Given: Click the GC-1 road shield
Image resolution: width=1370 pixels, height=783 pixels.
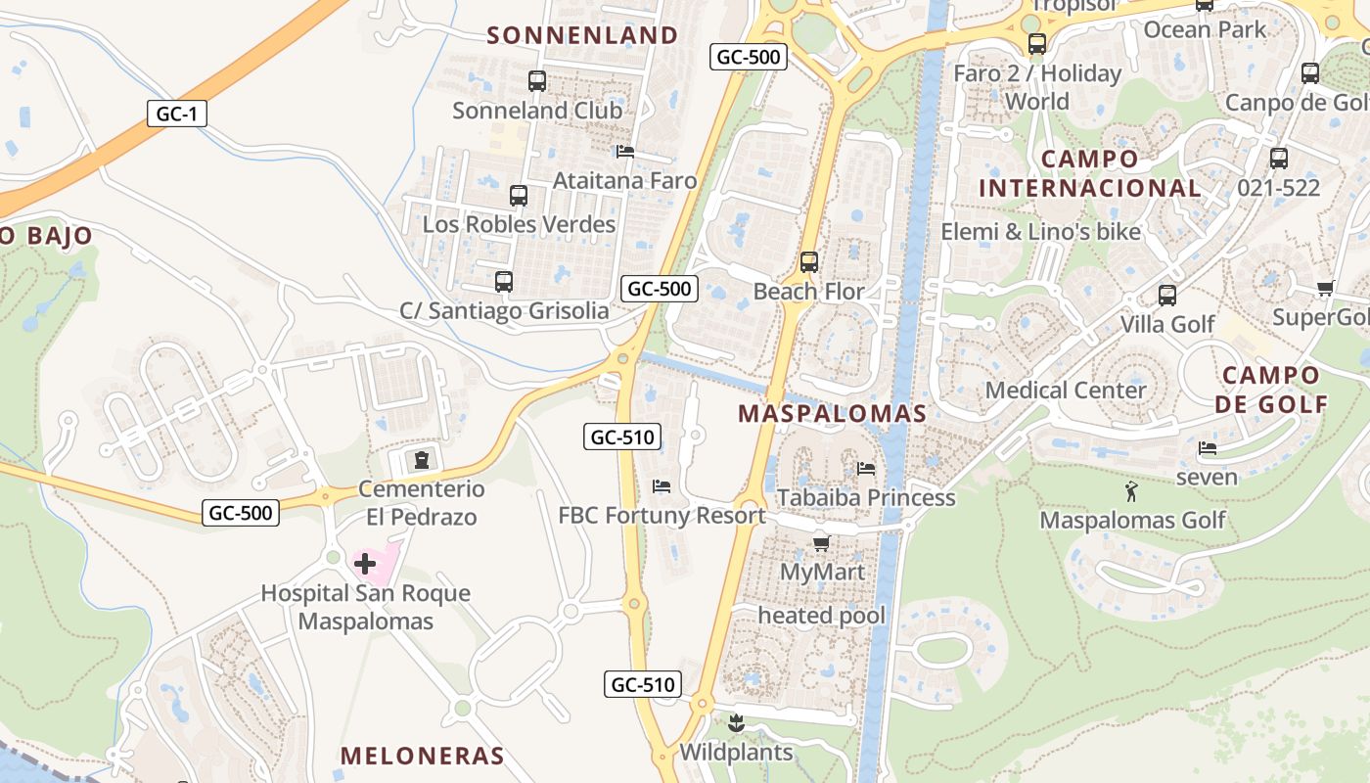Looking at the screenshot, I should coord(177,114).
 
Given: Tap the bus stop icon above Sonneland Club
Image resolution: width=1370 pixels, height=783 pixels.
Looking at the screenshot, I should coord(536,81).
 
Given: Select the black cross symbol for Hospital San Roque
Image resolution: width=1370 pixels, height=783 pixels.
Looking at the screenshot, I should coord(365,564).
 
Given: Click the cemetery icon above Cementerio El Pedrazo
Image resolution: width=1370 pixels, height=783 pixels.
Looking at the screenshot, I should coord(422,459).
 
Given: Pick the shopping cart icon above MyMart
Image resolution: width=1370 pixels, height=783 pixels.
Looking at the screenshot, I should coord(821,543).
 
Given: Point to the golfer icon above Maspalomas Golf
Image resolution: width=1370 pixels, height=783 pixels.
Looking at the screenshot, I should coord(1132,491).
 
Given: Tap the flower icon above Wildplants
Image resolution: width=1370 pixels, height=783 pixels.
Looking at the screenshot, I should coord(737,724).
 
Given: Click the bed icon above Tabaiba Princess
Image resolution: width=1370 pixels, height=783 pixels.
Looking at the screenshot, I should coord(866,469).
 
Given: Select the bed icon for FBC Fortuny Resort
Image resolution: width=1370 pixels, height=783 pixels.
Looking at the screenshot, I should coord(662,486).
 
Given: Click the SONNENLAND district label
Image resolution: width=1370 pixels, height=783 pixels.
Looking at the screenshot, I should coord(582,35).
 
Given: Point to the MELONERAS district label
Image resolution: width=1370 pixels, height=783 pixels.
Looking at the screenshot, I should coord(422,756).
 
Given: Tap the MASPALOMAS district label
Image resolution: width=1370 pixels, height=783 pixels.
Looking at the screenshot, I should coord(832,413).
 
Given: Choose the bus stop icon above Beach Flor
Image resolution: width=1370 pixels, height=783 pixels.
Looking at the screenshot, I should coord(808,262).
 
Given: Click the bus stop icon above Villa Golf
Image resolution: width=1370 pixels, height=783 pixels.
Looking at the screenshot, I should coord(1166,296).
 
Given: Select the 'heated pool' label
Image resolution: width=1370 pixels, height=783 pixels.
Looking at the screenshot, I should coord(821,616).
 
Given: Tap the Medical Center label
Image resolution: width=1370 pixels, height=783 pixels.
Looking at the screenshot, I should coord(1065,391).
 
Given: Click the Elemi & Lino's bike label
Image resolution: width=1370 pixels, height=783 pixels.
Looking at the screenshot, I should coord(1040,232).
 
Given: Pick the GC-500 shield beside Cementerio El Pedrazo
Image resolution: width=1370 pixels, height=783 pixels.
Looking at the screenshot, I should coord(241,512).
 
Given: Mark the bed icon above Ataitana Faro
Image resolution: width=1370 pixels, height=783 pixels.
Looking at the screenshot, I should coord(625,152).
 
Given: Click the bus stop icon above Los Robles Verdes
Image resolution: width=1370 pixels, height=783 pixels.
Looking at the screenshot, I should coord(519,196).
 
